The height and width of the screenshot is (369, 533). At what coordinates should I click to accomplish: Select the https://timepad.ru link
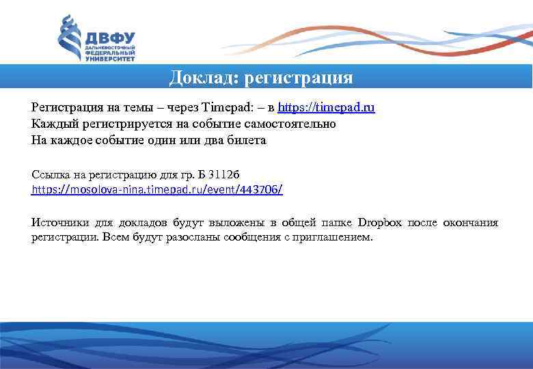click(x=327, y=108)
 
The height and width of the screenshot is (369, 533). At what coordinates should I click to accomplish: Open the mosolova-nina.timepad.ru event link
click(x=157, y=188)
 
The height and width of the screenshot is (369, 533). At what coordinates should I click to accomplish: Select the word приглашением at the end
click(x=335, y=238)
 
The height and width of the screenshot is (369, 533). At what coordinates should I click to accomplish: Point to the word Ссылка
click(x=49, y=172)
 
